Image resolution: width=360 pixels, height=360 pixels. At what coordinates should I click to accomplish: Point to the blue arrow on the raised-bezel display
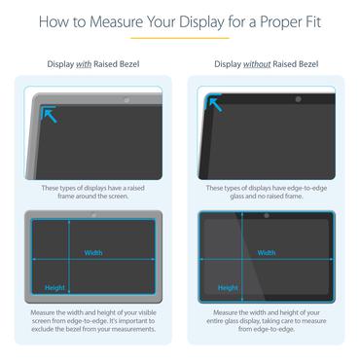(49, 115)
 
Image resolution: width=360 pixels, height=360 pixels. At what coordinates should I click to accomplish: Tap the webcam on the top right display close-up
(298, 99)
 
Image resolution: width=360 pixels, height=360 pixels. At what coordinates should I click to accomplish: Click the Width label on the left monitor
(93, 252)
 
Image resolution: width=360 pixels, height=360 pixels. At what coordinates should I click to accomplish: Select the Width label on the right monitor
(266, 252)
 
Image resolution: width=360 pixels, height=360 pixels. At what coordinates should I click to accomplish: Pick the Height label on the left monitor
(55, 287)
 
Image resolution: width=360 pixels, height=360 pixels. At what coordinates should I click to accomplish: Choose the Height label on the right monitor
(228, 287)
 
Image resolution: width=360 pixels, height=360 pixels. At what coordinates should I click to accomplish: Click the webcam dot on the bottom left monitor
(92, 214)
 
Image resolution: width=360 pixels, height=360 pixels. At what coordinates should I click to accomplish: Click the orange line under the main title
(180, 39)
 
